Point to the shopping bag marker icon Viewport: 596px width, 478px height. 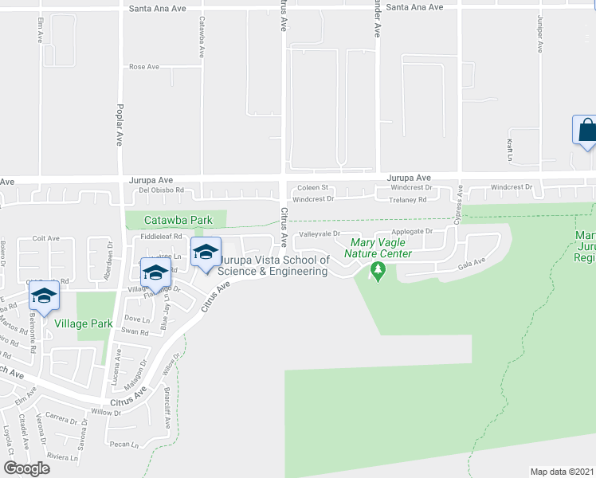(586, 130)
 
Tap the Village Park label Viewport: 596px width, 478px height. (79, 324)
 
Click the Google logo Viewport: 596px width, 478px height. (26, 468)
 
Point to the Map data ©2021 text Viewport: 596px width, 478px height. (563, 471)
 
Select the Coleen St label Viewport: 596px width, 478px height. (313, 188)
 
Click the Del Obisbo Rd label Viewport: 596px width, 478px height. (162, 190)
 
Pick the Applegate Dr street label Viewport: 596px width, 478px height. (412, 232)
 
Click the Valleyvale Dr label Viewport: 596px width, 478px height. (320, 234)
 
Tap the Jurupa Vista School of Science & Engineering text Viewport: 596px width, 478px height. (273, 265)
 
